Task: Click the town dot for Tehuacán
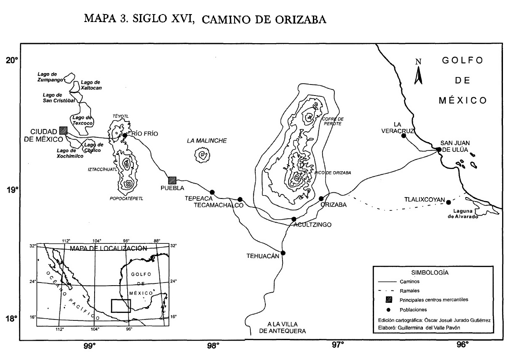(x=283, y=253)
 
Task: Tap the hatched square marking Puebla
(x=172, y=180)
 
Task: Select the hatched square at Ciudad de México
(x=63, y=130)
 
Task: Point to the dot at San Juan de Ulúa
(x=439, y=149)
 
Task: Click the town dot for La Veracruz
(x=404, y=136)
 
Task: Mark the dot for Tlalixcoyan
(x=448, y=202)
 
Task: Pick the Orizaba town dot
(x=321, y=198)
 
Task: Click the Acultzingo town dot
(x=294, y=219)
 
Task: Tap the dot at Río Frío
(x=125, y=135)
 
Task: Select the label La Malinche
(x=207, y=141)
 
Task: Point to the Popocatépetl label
(x=126, y=198)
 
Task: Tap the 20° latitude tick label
(x=11, y=60)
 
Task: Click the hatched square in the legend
(x=389, y=300)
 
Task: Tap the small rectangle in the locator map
(x=121, y=305)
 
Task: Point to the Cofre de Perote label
(x=333, y=121)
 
